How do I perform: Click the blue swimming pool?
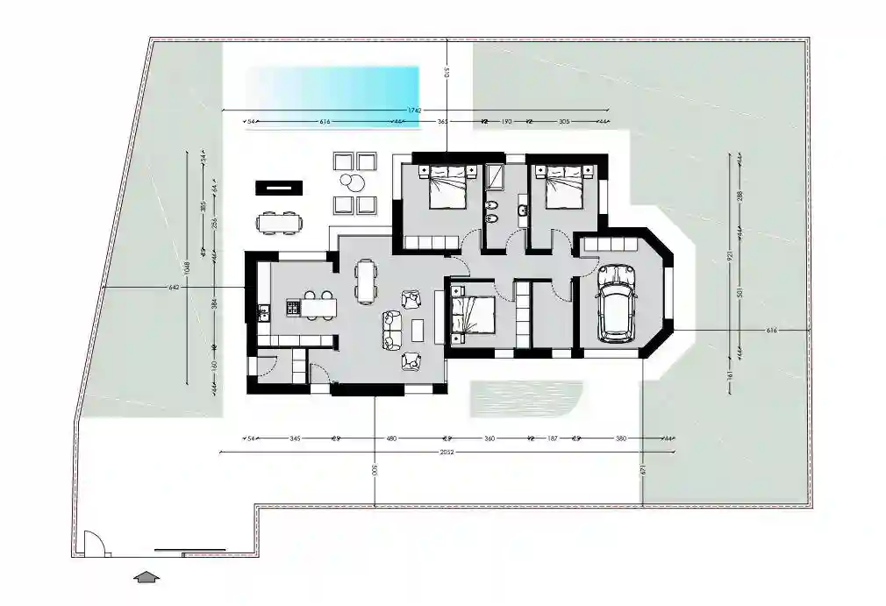click(332, 87)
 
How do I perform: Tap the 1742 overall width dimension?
click(415, 111)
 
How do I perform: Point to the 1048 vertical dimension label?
click(187, 266)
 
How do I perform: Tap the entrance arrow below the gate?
click(147, 576)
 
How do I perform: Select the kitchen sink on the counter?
click(262, 310)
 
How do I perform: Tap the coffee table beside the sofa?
click(418, 329)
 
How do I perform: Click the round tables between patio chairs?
click(354, 182)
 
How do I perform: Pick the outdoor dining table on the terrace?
click(279, 224)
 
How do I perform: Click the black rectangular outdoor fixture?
click(279, 187)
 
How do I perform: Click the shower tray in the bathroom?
click(495, 177)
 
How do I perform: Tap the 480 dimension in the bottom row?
click(391, 438)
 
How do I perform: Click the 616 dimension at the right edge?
click(772, 331)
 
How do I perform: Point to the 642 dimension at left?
click(173, 287)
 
